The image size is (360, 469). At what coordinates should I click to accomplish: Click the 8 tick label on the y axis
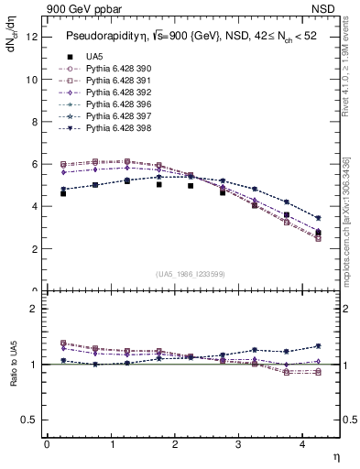click(x=33, y=122)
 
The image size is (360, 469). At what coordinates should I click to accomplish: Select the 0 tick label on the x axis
click(x=47, y=444)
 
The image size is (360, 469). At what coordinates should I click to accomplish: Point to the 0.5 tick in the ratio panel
click(x=29, y=420)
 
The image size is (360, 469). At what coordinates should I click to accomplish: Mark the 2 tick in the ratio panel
click(x=34, y=309)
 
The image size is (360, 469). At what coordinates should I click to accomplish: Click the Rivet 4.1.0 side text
click(x=346, y=69)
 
